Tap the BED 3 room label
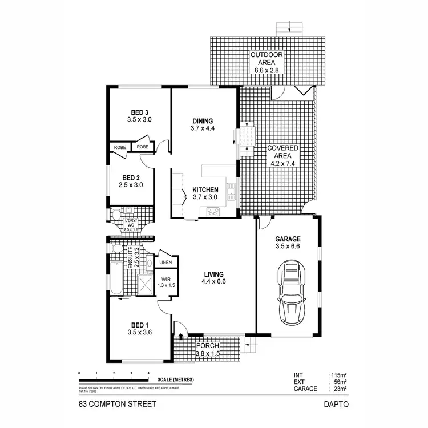tap(139, 112)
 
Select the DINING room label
tap(203, 121)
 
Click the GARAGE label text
tap(288, 240)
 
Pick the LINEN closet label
tap(165, 263)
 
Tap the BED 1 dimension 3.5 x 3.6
tap(139, 332)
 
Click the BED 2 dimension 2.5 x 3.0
tap(131, 185)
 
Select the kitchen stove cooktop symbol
tap(212, 211)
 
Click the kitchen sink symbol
tap(231, 190)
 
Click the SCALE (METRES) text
tap(175, 379)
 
